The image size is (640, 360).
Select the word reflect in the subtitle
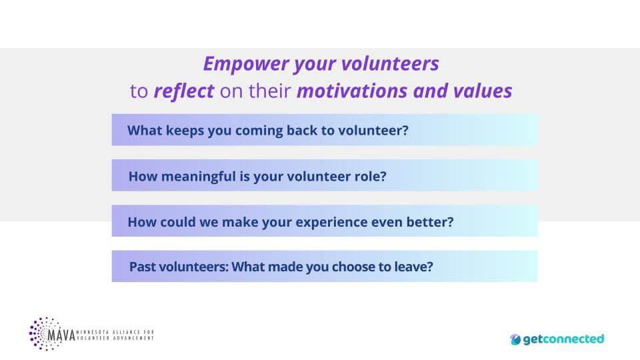click(x=183, y=91)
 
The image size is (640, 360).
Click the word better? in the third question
click(x=430, y=221)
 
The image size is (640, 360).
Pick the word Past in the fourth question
click(x=143, y=267)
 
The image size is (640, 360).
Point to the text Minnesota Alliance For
click(x=115, y=331)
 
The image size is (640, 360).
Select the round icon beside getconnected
click(x=515, y=339)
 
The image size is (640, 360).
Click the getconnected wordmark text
click(x=563, y=339)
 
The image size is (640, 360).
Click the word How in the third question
click(x=141, y=221)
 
